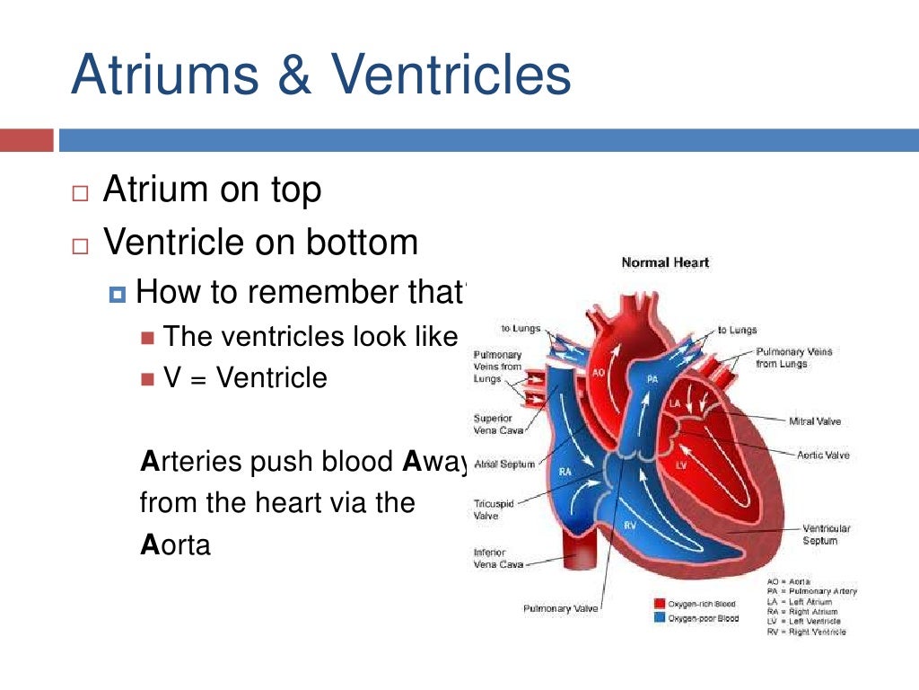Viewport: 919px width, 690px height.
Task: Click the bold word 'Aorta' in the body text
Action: (x=175, y=544)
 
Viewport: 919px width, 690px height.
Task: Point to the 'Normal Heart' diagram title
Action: (x=665, y=262)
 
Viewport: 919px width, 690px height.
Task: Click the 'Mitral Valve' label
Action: (x=814, y=420)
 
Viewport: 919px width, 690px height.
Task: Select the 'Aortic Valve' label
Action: (x=822, y=456)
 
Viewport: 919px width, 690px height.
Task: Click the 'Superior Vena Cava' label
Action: (x=493, y=424)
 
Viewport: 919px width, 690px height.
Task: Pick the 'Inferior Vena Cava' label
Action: (x=489, y=558)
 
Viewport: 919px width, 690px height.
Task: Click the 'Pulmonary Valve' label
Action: (x=559, y=609)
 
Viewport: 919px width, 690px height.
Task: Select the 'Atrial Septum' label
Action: (x=503, y=464)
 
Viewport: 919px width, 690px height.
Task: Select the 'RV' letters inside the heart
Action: (x=630, y=524)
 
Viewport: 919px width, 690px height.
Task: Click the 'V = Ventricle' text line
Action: (x=245, y=377)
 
